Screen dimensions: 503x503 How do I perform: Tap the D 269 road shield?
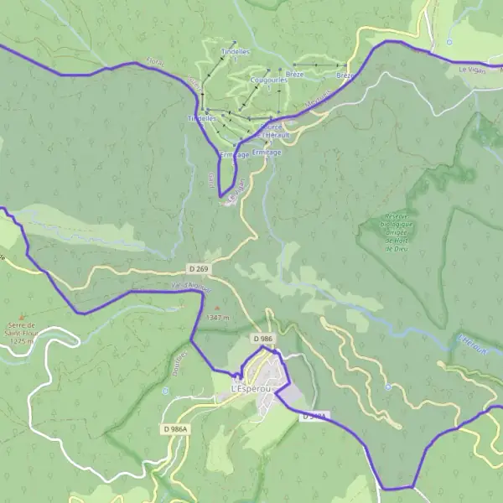click(198, 268)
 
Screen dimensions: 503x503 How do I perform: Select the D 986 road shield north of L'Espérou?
click(262, 339)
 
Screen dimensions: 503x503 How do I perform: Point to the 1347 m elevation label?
click(217, 318)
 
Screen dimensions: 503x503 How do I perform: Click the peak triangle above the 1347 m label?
click(217, 308)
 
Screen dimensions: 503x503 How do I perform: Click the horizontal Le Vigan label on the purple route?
click(472, 70)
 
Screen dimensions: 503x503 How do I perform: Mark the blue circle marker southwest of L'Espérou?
click(165, 391)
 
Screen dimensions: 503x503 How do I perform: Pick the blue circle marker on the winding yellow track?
click(388, 387)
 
